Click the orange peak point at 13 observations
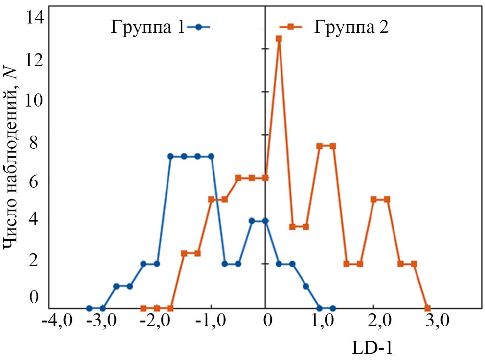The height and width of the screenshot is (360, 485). click(278, 39)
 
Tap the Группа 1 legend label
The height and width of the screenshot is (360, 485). click(147, 27)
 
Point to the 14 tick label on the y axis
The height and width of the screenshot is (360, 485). click(36, 18)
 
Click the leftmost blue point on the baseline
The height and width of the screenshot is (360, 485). click(89, 308)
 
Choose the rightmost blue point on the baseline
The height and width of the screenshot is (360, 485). click(333, 308)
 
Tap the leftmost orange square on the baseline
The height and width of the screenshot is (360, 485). click(143, 308)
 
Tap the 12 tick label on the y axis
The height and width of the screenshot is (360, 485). click(36, 60)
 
